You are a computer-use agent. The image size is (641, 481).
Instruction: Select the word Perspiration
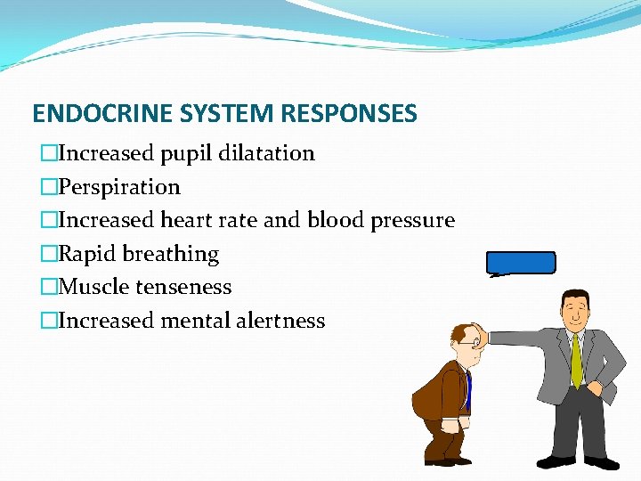pyautogui.click(x=119, y=187)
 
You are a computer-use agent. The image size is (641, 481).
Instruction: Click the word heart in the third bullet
pyautogui.click(x=186, y=220)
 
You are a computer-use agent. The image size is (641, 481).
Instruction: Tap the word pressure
pyautogui.click(x=413, y=220)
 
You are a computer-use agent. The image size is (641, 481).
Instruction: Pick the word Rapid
pyautogui.click(x=87, y=254)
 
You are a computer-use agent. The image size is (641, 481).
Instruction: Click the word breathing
pyautogui.click(x=170, y=254)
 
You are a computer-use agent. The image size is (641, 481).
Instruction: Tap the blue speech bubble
pyautogui.click(x=521, y=263)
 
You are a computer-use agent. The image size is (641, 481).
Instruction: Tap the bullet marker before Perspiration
pyautogui.click(x=49, y=187)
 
